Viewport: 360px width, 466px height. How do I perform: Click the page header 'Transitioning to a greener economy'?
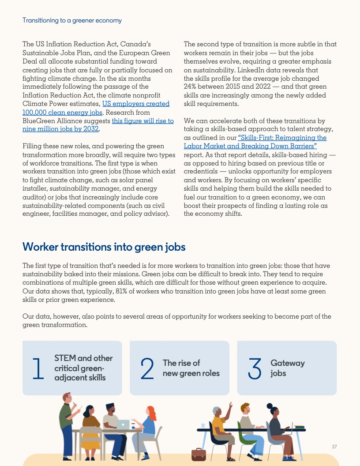[72, 20]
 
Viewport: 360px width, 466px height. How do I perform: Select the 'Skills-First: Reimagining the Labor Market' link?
[255, 142]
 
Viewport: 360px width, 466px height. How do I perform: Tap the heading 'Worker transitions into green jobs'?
[104, 247]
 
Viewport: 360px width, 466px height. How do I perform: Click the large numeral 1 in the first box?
[39, 369]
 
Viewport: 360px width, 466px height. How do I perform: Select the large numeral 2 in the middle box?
[147, 369]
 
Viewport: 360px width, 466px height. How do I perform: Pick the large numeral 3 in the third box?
[255, 369]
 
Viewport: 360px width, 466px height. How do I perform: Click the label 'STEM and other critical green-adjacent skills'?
[83, 368]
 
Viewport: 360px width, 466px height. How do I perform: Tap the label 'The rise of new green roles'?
[191, 368]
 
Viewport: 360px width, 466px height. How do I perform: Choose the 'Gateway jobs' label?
[287, 368]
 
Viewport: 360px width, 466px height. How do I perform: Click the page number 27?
[334, 447]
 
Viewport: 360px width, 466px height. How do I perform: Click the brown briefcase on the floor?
[199, 455]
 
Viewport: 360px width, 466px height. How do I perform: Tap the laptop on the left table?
[123, 424]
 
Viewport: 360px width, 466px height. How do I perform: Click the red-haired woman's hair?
[151, 413]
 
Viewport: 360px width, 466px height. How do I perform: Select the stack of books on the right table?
[300, 427]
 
